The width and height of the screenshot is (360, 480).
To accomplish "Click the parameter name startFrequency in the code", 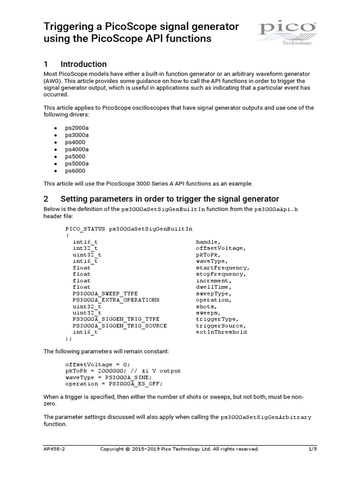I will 220,268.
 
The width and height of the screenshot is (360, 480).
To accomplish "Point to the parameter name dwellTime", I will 213,287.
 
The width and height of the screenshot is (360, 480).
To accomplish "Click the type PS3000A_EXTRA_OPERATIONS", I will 116,300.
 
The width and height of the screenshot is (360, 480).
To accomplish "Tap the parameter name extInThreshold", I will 221,332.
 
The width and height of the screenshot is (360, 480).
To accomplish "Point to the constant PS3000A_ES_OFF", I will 135,384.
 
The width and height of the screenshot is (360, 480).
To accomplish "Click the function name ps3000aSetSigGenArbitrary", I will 266,417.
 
